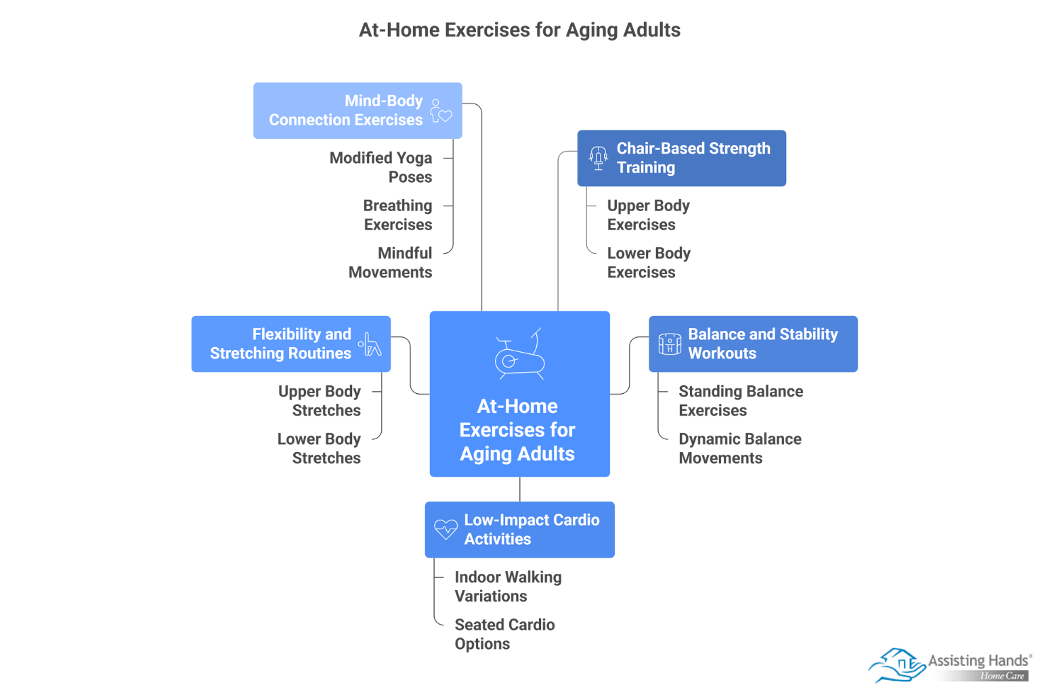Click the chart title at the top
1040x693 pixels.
(x=519, y=30)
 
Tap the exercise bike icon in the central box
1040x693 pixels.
(x=519, y=354)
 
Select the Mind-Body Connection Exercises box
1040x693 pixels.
(x=357, y=110)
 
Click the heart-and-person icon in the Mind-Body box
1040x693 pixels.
(x=441, y=111)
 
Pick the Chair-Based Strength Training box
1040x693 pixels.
(x=681, y=158)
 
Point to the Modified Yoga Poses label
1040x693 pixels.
(x=381, y=167)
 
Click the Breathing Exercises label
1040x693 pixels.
(x=397, y=215)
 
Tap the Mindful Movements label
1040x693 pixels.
(x=391, y=263)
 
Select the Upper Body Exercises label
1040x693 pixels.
(x=648, y=215)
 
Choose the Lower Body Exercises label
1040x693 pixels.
(x=648, y=263)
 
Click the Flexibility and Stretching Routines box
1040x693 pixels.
(x=290, y=344)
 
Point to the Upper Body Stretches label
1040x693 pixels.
(x=320, y=401)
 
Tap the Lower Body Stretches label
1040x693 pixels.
(x=319, y=448)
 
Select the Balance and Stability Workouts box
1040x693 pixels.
(x=753, y=344)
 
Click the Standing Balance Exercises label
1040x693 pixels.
(x=740, y=401)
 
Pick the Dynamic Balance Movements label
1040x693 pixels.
(x=739, y=448)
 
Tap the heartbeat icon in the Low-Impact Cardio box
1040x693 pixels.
(x=446, y=529)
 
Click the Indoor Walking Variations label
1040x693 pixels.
(x=508, y=586)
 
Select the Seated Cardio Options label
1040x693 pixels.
(x=504, y=634)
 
